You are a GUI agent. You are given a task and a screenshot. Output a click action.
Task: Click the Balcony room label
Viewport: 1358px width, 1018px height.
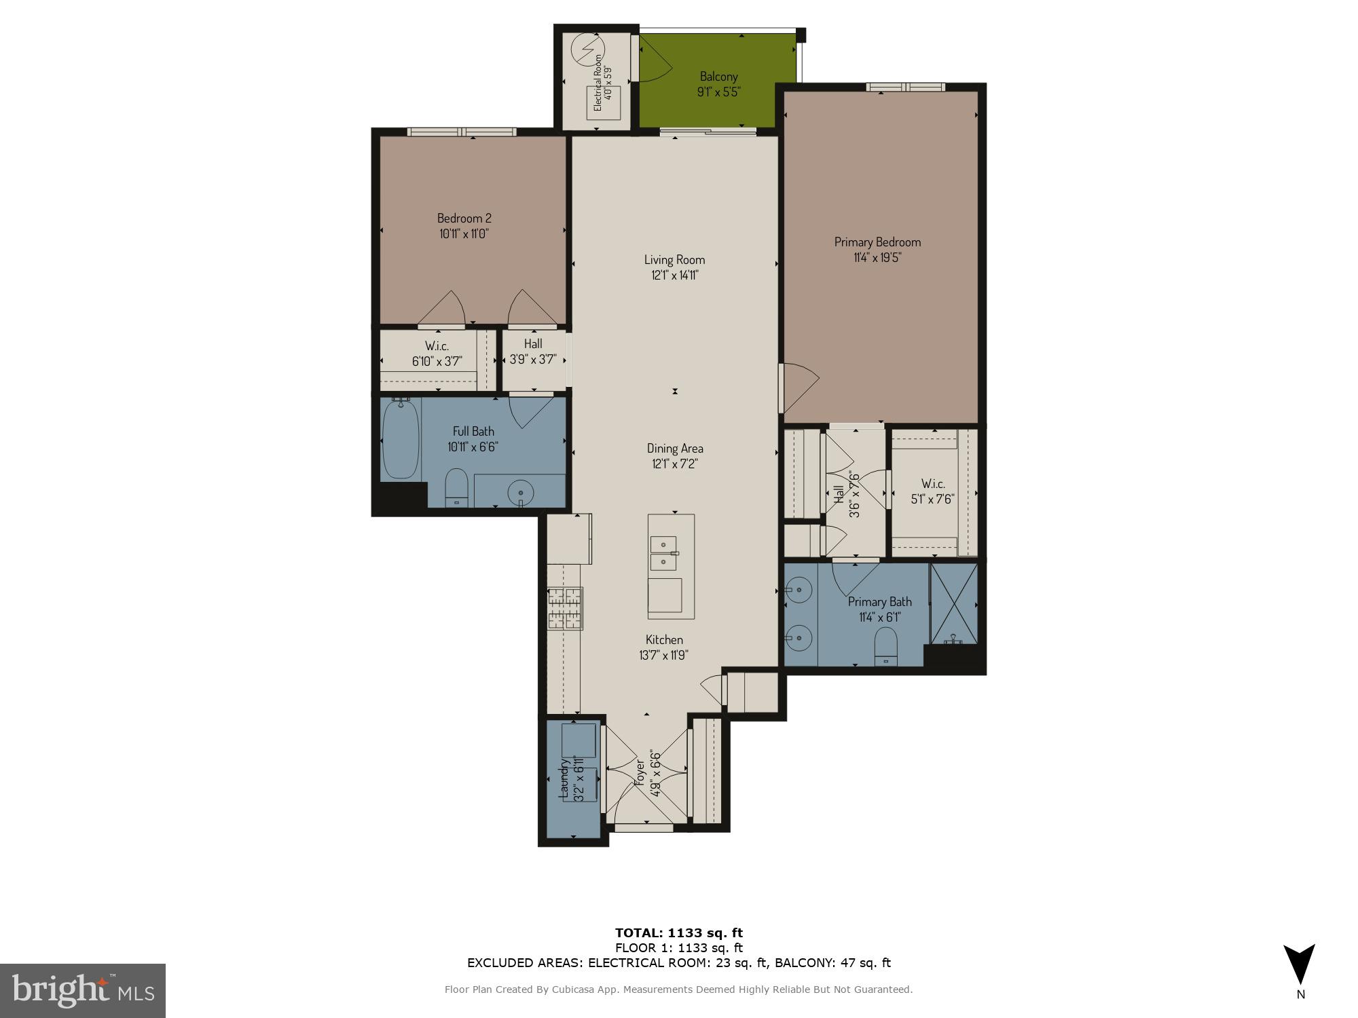(x=718, y=77)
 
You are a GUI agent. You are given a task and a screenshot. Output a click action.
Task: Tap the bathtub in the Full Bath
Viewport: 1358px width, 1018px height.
(x=401, y=439)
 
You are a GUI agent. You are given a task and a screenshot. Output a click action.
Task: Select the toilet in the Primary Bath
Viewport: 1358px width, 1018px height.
(x=885, y=647)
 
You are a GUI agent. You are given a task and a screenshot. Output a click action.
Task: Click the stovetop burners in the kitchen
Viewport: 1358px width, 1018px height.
(x=565, y=607)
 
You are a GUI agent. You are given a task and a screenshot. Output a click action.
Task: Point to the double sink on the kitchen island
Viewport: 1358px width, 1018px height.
(x=663, y=553)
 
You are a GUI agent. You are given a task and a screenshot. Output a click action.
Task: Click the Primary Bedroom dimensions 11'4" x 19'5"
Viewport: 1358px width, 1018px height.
(x=877, y=258)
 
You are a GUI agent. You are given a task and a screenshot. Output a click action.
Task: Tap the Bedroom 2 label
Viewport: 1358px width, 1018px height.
(x=464, y=218)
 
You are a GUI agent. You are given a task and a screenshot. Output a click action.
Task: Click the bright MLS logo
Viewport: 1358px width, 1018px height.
(x=83, y=992)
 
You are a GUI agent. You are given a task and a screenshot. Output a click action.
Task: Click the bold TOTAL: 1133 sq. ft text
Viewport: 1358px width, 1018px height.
(x=678, y=932)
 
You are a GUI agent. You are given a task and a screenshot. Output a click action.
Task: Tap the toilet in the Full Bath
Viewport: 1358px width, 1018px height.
(x=456, y=487)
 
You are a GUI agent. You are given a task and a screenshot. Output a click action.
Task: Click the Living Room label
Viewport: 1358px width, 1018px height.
(x=674, y=259)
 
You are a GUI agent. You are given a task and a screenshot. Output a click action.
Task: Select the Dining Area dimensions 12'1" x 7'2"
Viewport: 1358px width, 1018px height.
(x=674, y=464)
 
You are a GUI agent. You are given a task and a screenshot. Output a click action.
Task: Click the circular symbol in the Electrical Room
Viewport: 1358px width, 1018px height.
(x=587, y=49)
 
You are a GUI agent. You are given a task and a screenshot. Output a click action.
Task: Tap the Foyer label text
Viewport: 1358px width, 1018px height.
(x=639, y=773)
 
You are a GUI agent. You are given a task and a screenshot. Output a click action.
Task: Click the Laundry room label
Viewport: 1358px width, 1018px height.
(x=563, y=779)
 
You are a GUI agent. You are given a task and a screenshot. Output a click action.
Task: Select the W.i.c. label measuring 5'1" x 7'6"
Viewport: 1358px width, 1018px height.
(x=932, y=484)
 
